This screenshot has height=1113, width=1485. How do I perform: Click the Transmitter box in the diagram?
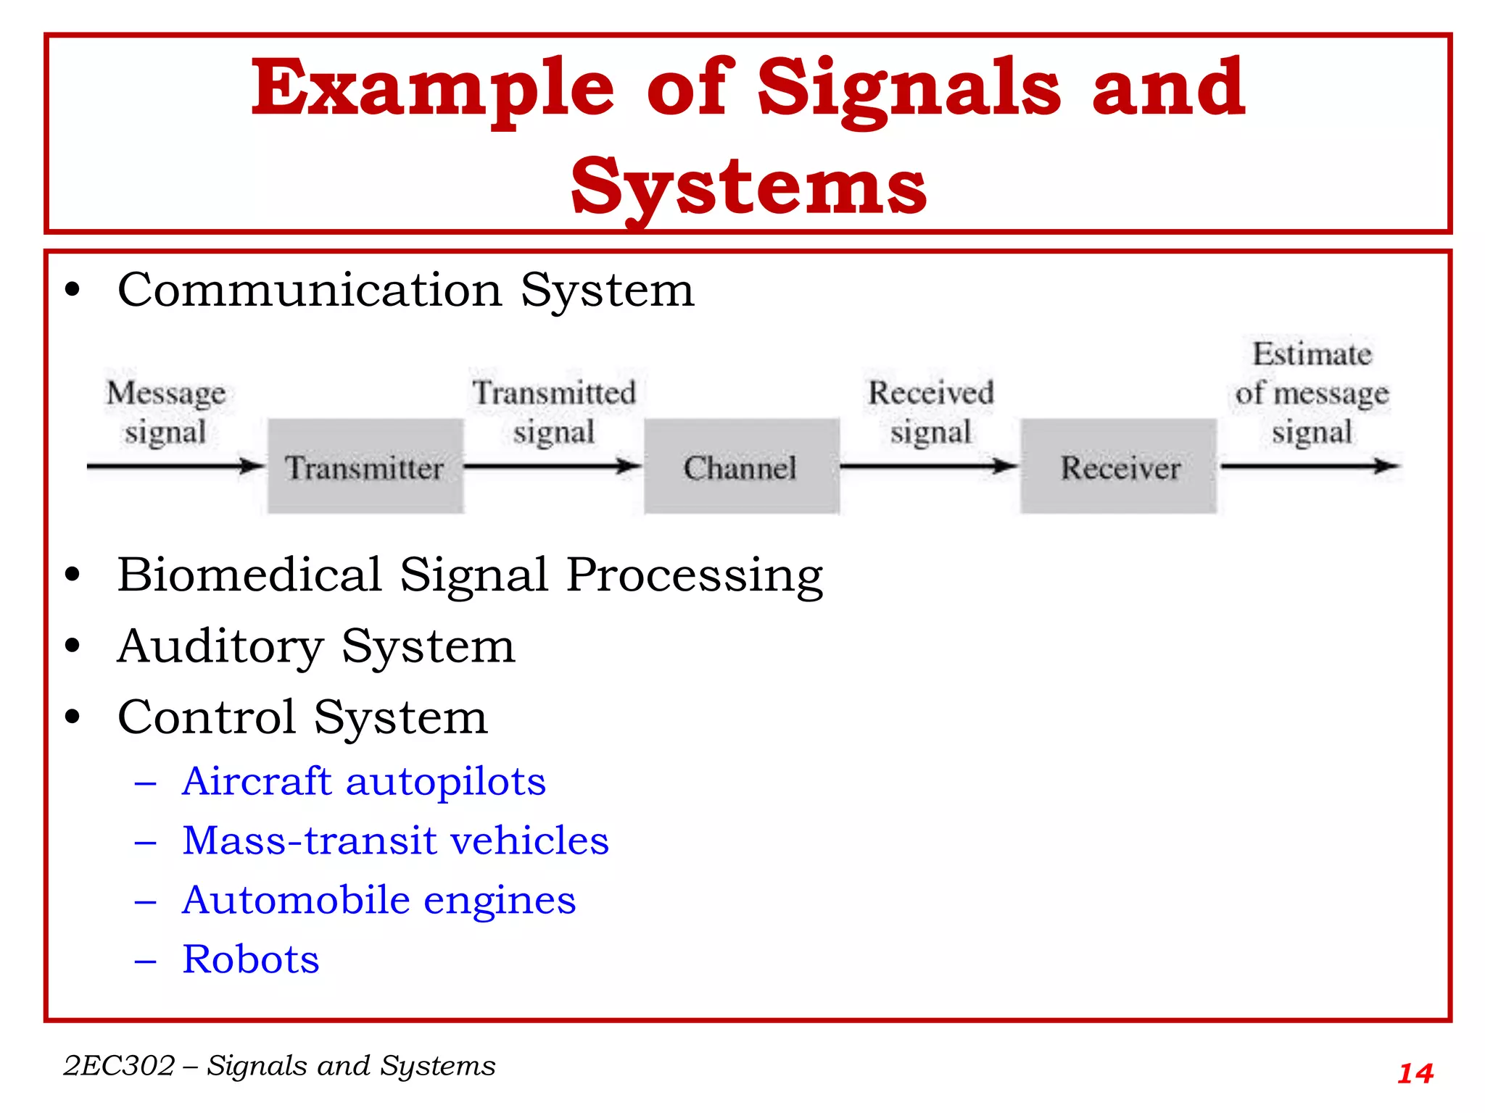(x=365, y=466)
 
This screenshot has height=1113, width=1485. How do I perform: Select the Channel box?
(x=741, y=466)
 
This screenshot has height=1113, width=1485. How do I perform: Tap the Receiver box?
(x=1118, y=466)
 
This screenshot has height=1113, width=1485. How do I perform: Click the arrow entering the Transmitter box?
(x=174, y=466)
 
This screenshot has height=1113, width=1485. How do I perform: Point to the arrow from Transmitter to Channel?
(x=553, y=466)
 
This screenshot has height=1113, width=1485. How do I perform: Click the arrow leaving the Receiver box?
(x=1309, y=466)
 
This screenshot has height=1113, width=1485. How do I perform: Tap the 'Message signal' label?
(x=166, y=412)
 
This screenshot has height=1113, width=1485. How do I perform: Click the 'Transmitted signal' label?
(x=554, y=412)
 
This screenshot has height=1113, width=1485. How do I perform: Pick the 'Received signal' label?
(x=931, y=412)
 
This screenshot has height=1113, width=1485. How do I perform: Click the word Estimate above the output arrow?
(x=1312, y=354)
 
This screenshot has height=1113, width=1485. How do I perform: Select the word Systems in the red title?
(x=748, y=187)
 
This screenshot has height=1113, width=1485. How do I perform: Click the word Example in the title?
(x=433, y=88)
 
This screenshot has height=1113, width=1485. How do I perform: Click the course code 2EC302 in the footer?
(x=119, y=1066)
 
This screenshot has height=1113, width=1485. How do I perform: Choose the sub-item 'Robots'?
(x=251, y=959)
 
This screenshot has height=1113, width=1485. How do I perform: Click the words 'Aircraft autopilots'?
(x=364, y=782)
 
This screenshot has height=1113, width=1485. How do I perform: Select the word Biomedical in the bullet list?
(x=249, y=575)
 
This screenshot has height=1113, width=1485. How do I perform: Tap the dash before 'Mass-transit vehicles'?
(x=146, y=842)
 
